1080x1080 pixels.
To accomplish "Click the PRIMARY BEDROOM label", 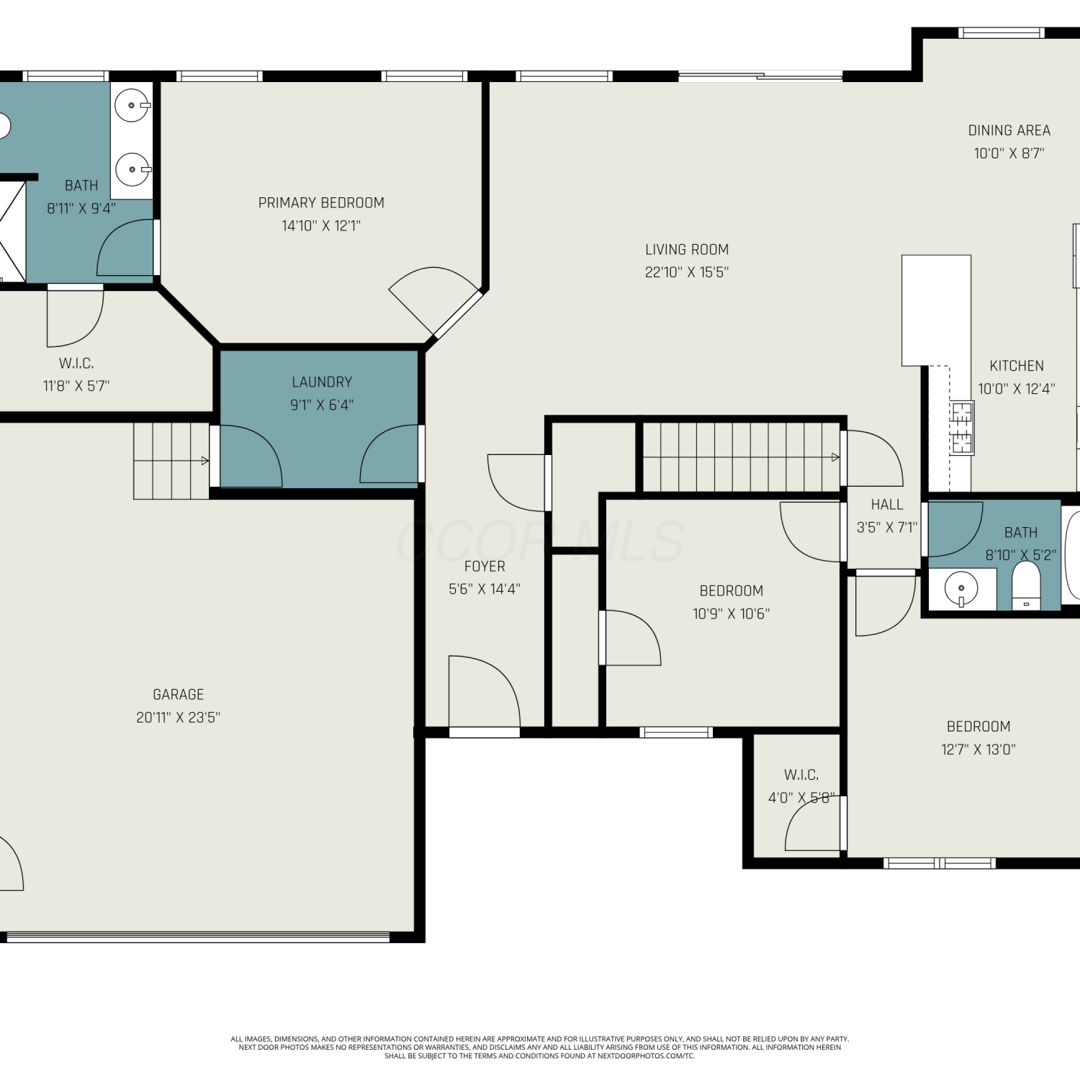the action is pyautogui.click(x=321, y=203).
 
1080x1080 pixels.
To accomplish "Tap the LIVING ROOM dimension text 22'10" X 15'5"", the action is pyautogui.click(x=687, y=272).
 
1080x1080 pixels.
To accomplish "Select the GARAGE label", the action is pyautogui.click(x=179, y=695).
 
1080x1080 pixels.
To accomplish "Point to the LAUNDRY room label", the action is pyautogui.click(x=322, y=382).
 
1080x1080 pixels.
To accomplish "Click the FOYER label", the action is pyautogui.click(x=485, y=567).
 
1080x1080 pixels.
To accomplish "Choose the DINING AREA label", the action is pyautogui.click(x=1009, y=130).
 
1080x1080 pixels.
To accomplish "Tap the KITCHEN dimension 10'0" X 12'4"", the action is pyautogui.click(x=1017, y=389).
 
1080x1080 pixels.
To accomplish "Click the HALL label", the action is pyautogui.click(x=887, y=505).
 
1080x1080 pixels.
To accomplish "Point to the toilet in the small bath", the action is pyautogui.click(x=1026, y=585).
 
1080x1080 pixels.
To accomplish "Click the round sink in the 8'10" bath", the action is pyautogui.click(x=961, y=589).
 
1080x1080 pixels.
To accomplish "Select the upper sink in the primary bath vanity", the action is pyautogui.click(x=132, y=106).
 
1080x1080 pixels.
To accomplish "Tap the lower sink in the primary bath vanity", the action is pyautogui.click(x=132, y=170).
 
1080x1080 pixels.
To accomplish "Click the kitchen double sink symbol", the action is pyautogui.click(x=963, y=428).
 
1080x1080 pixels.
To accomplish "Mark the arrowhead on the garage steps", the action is pyautogui.click(x=205, y=461).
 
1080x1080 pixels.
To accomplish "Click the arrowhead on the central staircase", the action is pyautogui.click(x=835, y=457).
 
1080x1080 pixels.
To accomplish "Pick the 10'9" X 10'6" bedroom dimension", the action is pyautogui.click(x=731, y=614).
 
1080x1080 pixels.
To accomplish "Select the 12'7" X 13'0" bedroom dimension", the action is pyautogui.click(x=978, y=750).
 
